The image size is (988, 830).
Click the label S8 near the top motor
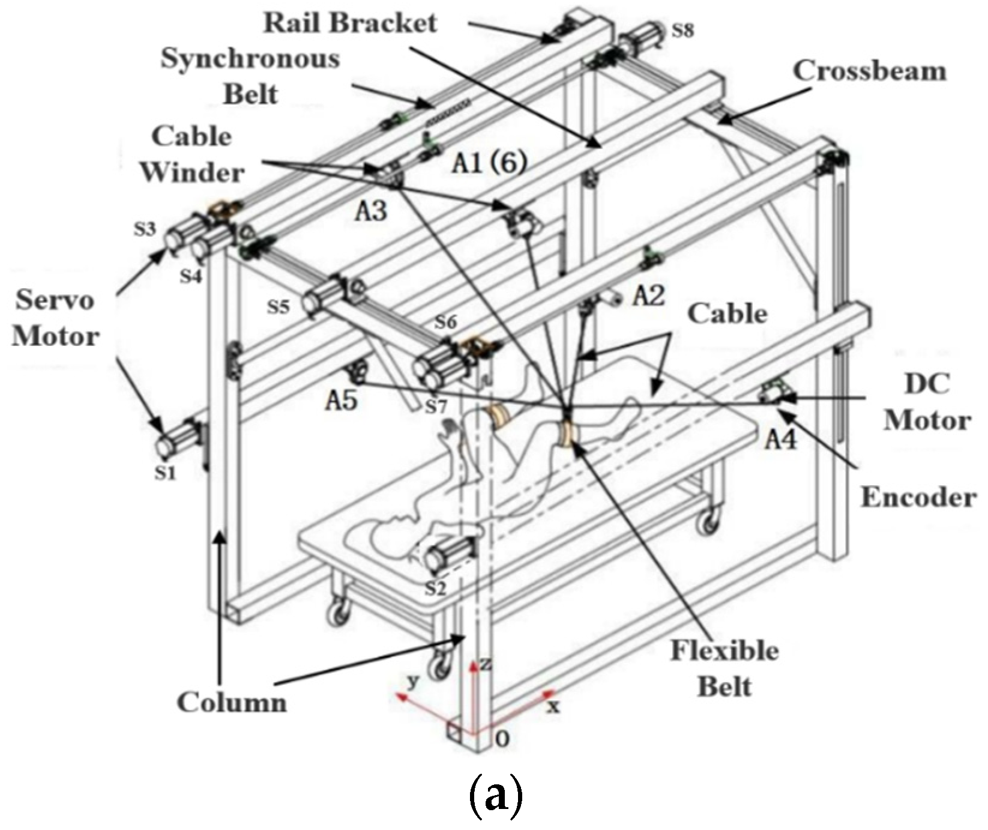(682, 31)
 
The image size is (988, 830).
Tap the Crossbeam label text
(869, 71)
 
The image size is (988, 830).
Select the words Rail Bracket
(351, 23)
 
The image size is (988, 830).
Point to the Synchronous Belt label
(250, 76)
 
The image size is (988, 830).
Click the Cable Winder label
(192, 154)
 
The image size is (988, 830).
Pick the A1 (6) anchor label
(489, 163)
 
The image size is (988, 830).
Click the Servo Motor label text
(55, 317)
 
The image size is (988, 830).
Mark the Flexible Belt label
(724, 668)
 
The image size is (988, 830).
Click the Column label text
(232, 701)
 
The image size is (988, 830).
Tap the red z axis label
(486, 664)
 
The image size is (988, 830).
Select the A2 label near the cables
(649, 295)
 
